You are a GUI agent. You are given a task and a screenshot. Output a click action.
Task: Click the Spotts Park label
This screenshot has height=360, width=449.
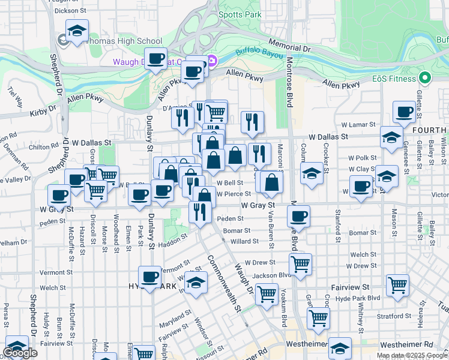240,14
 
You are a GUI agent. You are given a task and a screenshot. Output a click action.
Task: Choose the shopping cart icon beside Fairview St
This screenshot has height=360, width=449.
397,286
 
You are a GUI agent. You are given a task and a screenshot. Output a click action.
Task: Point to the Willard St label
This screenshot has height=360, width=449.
244,242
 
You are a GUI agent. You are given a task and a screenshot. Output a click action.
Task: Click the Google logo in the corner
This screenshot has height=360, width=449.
20,353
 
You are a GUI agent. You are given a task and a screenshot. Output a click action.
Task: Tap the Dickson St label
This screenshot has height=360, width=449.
67,10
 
